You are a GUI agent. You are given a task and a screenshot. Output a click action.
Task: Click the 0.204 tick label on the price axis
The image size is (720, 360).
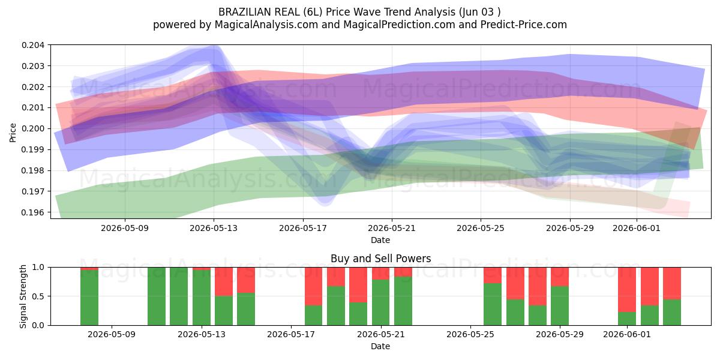[x=33, y=45]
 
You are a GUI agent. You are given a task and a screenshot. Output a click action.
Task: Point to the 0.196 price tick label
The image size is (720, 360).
[x=33, y=212]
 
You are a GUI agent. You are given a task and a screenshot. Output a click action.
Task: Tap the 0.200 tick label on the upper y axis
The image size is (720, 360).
[x=33, y=128]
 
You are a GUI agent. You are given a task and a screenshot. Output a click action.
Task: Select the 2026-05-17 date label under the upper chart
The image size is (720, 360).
[x=303, y=228]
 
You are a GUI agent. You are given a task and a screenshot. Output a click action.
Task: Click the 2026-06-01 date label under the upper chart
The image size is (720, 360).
[x=637, y=228]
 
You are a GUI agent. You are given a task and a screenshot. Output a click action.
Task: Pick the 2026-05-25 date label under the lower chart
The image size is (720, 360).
[x=470, y=334]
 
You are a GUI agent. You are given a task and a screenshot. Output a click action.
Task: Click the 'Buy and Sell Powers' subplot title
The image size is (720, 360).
[x=381, y=259]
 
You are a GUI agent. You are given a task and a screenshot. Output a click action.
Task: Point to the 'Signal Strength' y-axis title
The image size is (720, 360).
[x=23, y=296]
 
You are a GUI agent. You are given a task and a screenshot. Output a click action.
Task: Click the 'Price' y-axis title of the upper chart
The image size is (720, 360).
[x=13, y=133]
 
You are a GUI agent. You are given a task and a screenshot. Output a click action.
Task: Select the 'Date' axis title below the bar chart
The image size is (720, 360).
[x=380, y=346]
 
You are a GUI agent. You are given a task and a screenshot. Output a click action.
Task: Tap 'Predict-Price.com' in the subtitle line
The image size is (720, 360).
[x=524, y=25]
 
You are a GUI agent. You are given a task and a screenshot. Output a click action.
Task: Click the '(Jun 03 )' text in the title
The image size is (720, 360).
[x=480, y=12]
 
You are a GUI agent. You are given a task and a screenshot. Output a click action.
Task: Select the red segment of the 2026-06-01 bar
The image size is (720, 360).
[x=627, y=290]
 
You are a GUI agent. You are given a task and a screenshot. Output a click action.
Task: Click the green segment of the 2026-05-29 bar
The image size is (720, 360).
[x=560, y=305]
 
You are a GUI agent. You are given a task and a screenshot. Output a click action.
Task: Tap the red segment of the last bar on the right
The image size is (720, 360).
[x=672, y=283]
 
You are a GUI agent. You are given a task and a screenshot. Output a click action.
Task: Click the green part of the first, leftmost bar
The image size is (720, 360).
[x=89, y=298]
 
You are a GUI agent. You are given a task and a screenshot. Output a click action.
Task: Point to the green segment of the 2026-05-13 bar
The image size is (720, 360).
[x=202, y=298]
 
